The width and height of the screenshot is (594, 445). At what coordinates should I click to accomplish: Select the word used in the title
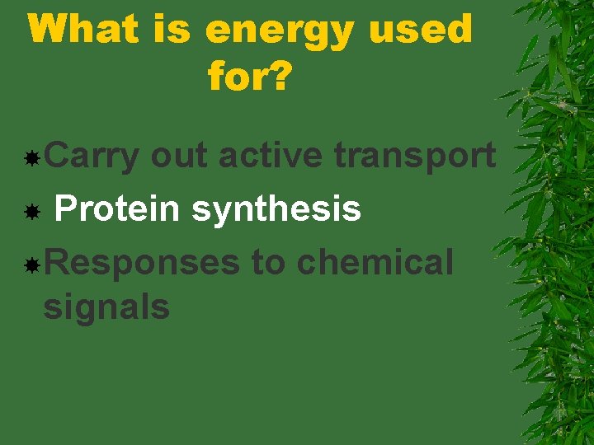click(421, 30)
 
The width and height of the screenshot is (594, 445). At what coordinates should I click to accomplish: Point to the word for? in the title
click(250, 77)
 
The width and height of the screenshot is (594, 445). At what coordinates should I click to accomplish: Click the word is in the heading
click(172, 30)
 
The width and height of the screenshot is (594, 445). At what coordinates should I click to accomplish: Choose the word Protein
click(116, 209)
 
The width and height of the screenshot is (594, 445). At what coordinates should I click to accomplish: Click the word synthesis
click(276, 210)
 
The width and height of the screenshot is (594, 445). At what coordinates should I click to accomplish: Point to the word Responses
click(141, 264)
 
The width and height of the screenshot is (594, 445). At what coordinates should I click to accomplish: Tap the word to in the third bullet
click(267, 264)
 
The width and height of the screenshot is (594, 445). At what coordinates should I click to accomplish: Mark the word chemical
click(375, 263)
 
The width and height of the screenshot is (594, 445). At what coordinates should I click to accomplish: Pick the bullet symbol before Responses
click(31, 265)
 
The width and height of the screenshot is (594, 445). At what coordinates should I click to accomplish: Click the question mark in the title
click(280, 77)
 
